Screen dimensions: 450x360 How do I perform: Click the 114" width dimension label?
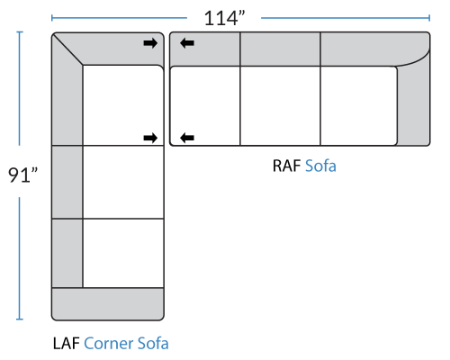click(x=224, y=18)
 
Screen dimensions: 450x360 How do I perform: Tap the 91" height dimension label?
click(x=22, y=175)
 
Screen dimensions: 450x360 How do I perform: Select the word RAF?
click(x=286, y=166)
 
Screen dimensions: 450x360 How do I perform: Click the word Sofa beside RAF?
click(x=320, y=166)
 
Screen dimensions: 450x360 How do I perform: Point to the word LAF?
click(x=67, y=344)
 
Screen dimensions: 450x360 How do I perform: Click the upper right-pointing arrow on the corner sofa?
click(x=150, y=43)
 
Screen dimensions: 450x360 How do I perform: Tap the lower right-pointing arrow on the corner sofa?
click(x=150, y=138)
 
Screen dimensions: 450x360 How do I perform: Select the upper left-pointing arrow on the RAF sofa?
click(x=187, y=43)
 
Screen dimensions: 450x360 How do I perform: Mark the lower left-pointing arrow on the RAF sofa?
click(x=187, y=138)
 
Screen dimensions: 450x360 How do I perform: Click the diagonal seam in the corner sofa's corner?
click(x=67, y=49)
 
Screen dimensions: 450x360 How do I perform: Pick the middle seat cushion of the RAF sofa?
click(x=280, y=105)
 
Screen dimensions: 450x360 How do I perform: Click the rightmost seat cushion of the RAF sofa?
click(x=359, y=105)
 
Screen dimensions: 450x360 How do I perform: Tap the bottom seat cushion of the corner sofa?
click(x=123, y=253)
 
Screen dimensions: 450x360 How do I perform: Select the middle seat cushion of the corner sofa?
click(x=123, y=182)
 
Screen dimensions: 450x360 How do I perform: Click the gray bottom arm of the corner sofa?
click(x=108, y=304)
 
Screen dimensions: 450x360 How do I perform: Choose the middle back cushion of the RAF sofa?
click(x=280, y=49)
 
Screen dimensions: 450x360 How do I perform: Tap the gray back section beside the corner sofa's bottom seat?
click(x=67, y=253)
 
